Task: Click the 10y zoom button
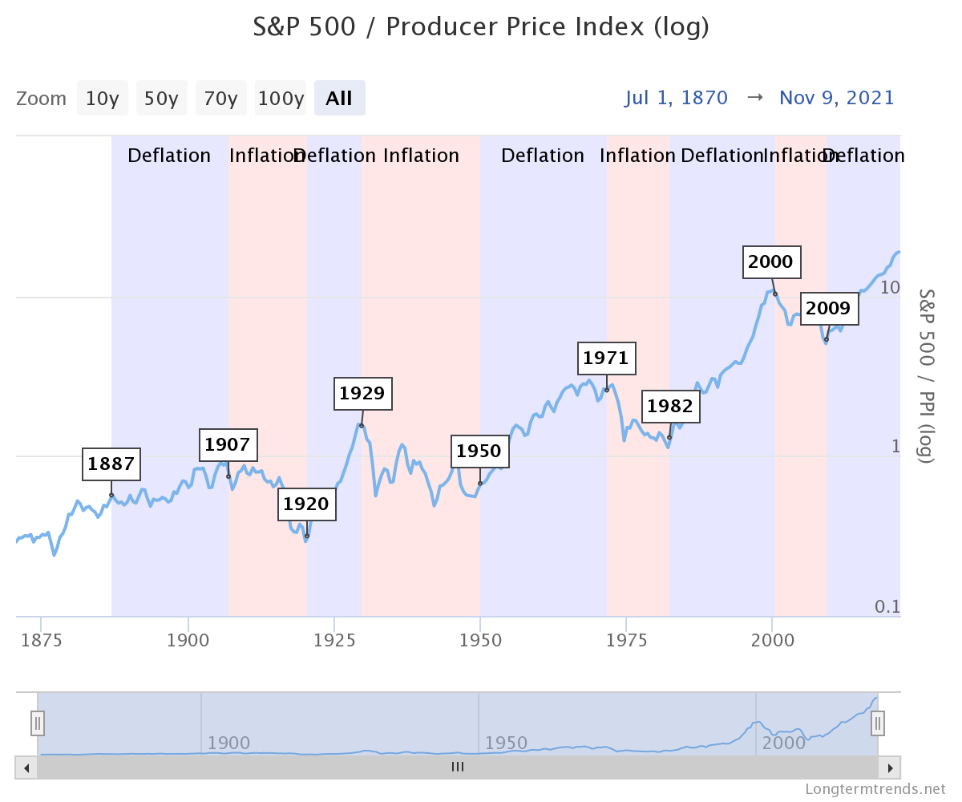(102, 99)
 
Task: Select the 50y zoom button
(161, 99)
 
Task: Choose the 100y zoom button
(281, 99)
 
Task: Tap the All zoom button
(339, 99)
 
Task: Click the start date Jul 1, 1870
(676, 98)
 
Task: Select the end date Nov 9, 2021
(836, 98)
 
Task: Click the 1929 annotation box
(362, 394)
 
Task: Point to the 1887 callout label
(111, 464)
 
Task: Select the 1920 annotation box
(306, 504)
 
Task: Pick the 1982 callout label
(670, 407)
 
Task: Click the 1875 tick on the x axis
(42, 640)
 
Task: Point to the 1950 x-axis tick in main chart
(479, 640)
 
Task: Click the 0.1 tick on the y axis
(887, 606)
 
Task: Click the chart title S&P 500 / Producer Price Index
(481, 26)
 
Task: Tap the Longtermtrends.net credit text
(875, 789)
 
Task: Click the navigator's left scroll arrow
(26, 768)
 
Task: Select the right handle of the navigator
(878, 723)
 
